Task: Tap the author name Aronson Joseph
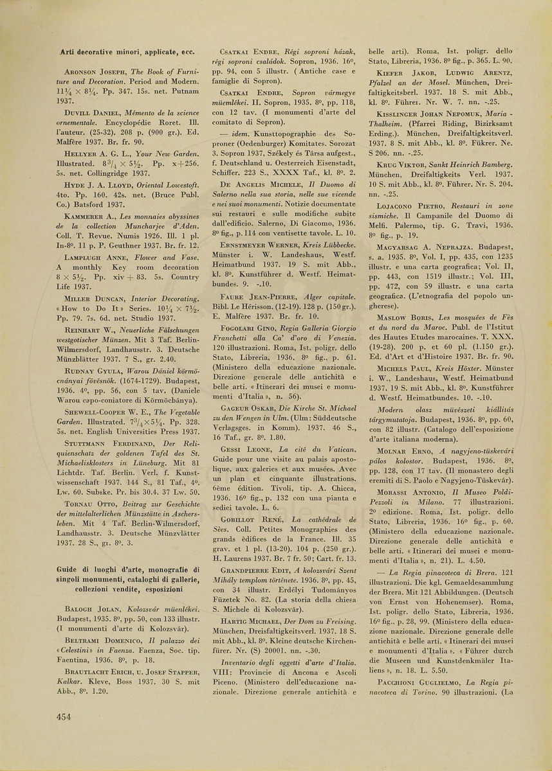point(97,73)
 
